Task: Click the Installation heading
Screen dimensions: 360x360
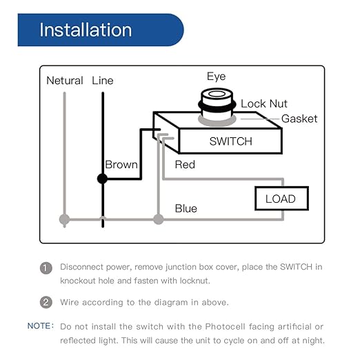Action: [86, 30]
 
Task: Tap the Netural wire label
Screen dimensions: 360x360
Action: [65, 81]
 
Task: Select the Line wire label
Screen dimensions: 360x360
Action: [103, 81]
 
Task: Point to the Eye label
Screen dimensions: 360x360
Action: [216, 77]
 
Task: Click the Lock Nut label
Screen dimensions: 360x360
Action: [263, 104]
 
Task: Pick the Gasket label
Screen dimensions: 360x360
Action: [299, 119]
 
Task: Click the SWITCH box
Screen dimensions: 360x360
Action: [230, 141]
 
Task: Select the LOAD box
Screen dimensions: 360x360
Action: [281, 199]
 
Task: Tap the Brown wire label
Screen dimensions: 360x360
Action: [121, 165]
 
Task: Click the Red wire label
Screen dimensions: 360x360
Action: [185, 165]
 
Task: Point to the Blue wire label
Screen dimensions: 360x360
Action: [186, 208]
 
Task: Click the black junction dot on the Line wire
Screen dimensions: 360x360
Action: [103, 179]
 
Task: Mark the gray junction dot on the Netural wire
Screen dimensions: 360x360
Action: [65, 220]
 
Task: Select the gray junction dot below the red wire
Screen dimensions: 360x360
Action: [159, 220]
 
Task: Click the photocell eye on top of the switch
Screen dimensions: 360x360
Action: [215, 98]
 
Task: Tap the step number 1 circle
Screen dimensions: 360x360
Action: [46, 268]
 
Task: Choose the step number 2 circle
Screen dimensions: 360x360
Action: [46, 301]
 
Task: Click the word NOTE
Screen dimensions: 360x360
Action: [40, 326]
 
